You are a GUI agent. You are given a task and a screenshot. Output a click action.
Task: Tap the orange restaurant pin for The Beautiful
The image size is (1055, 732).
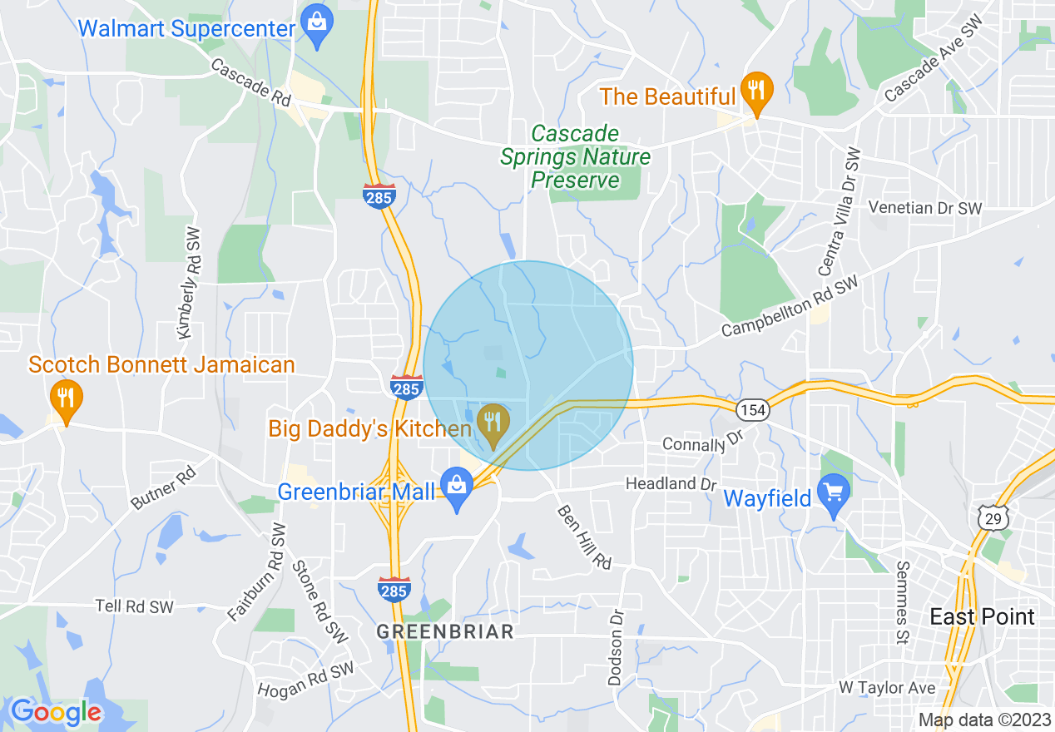pos(756,91)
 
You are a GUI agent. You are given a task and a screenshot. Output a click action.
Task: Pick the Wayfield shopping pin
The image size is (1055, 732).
pos(832,495)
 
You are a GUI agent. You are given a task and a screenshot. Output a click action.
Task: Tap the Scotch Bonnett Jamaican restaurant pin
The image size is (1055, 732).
pos(66,399)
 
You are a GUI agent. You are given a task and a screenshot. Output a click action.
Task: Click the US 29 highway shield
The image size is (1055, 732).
pos(994,517)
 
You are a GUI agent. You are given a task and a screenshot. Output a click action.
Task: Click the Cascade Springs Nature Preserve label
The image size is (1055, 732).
pos(575,156)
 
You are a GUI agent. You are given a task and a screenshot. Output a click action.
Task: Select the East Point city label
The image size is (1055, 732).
pos(982,616)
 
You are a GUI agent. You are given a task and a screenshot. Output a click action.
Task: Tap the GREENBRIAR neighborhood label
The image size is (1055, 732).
pos(445,632)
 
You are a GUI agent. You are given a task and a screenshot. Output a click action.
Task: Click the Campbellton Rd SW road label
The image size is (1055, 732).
pos(789,307)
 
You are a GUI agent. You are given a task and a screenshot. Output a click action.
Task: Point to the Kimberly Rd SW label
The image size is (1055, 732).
pos(190,283)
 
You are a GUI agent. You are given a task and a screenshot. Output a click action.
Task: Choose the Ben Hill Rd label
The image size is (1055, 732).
pos(584,537)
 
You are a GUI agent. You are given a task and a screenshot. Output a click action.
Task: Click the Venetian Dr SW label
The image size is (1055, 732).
pos(924,208)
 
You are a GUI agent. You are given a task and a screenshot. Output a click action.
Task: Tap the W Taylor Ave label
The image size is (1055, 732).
pos(886,688)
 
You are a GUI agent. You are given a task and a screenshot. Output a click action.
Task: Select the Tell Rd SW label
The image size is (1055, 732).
pos(134,606)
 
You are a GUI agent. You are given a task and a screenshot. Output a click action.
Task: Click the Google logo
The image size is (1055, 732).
pos(56,712)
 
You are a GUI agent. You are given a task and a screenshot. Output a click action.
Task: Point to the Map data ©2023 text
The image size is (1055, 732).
pos(983,720)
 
